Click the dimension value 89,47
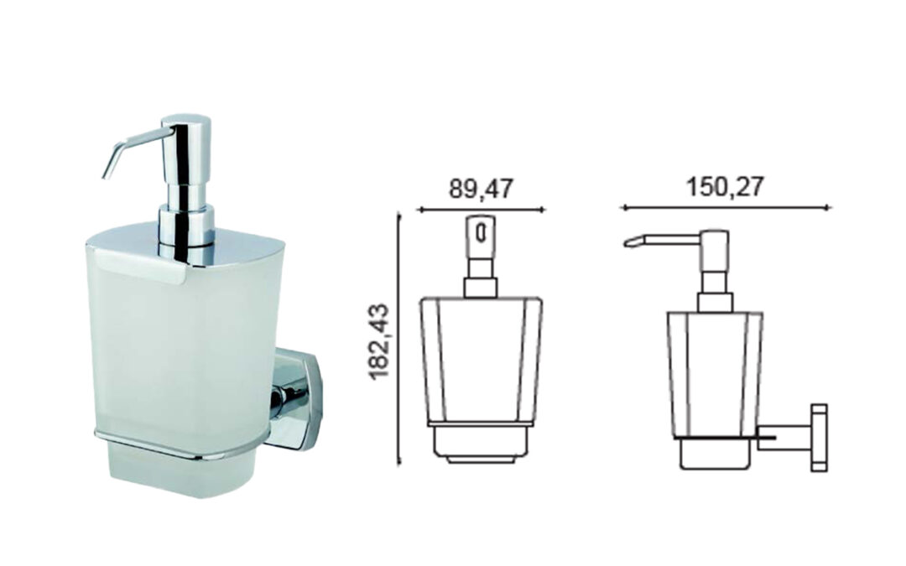[481, 189]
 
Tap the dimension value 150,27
[725, 187]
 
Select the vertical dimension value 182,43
[381, 341]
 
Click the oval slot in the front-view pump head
[479, 233]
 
